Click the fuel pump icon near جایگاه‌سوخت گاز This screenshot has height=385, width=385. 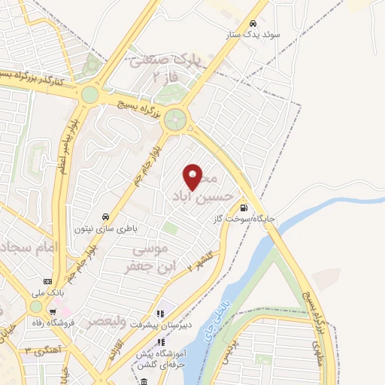click(x=243, y=208)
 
